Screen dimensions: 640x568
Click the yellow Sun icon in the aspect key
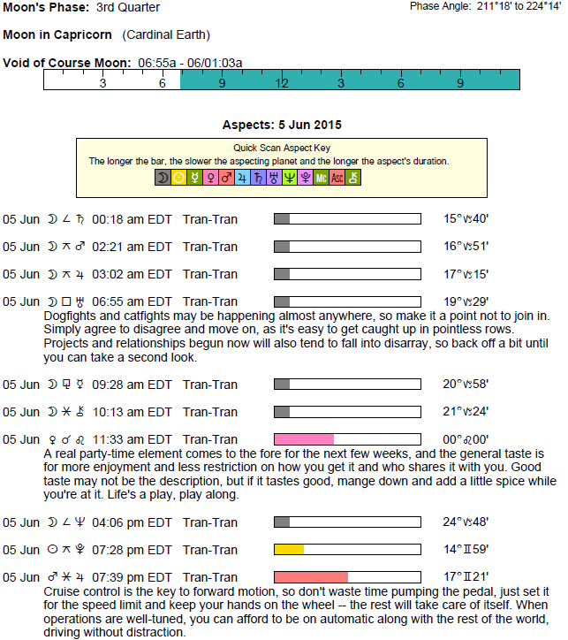(178, 178)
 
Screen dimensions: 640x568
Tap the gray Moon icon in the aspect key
(163, 178)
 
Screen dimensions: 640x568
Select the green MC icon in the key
(321, 178)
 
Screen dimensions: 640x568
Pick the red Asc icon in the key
(337, 178)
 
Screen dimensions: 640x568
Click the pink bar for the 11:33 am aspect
(304, 439)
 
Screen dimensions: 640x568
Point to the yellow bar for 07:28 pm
(289, 550)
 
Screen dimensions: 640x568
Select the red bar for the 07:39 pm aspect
(311, 577)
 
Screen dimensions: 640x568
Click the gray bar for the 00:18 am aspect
(282, 218)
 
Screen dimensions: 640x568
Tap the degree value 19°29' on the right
(466, 301)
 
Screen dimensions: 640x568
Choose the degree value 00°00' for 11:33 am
(466, 439)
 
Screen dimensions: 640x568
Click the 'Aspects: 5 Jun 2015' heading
(282, 125)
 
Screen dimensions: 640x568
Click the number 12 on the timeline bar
(282, 82)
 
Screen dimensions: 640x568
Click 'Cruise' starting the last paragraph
(63, 590)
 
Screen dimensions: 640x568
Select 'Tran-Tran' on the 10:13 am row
(210, 411)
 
